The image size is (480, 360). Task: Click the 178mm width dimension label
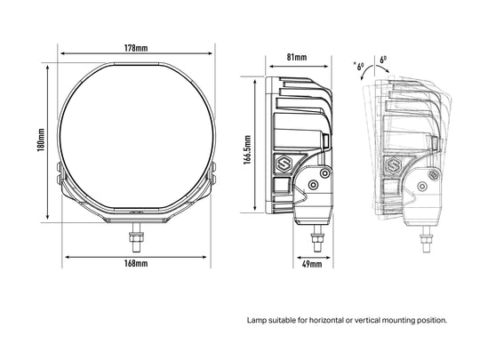click(x=136, y=48)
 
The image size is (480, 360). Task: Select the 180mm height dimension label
click(x=41, y=140)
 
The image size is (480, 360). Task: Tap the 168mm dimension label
click(x=136, y=263)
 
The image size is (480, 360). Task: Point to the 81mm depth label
click(x=297, y=57)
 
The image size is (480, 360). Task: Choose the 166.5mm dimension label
click(x=247, y=149)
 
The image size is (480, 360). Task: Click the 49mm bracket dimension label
click(x=312, y=264)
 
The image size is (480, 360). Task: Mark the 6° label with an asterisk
click(x=359, y=66)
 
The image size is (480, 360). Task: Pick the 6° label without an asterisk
click(x=383, y=60)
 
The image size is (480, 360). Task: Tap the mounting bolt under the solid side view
click(x=317, y=238)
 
